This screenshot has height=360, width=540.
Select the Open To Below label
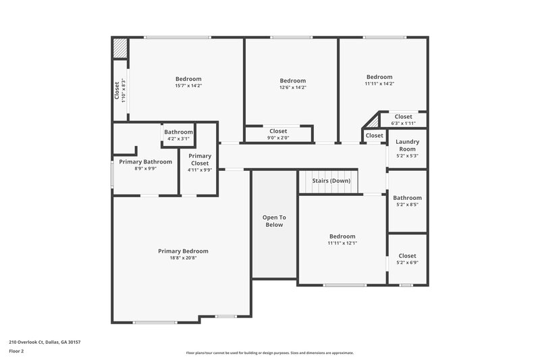274,221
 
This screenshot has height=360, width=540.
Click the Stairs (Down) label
331,181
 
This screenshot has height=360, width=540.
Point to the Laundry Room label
407,145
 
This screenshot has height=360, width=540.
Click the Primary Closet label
200,159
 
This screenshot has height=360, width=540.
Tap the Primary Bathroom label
146,161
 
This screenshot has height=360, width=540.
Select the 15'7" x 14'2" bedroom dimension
188,86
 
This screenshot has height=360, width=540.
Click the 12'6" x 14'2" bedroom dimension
293,87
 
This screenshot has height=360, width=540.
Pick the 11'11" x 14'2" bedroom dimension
379,84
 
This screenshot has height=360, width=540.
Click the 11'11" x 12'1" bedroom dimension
342,243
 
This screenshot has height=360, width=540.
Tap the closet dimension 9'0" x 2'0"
278,138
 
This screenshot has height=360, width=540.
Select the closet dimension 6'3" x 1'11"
403,124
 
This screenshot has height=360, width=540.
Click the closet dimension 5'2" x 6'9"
407,263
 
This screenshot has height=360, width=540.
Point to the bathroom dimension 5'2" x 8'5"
407,205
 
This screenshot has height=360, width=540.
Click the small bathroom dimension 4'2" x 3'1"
179,138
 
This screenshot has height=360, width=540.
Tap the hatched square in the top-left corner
119,48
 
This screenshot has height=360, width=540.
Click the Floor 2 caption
16,351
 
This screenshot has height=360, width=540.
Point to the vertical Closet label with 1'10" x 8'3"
119,91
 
